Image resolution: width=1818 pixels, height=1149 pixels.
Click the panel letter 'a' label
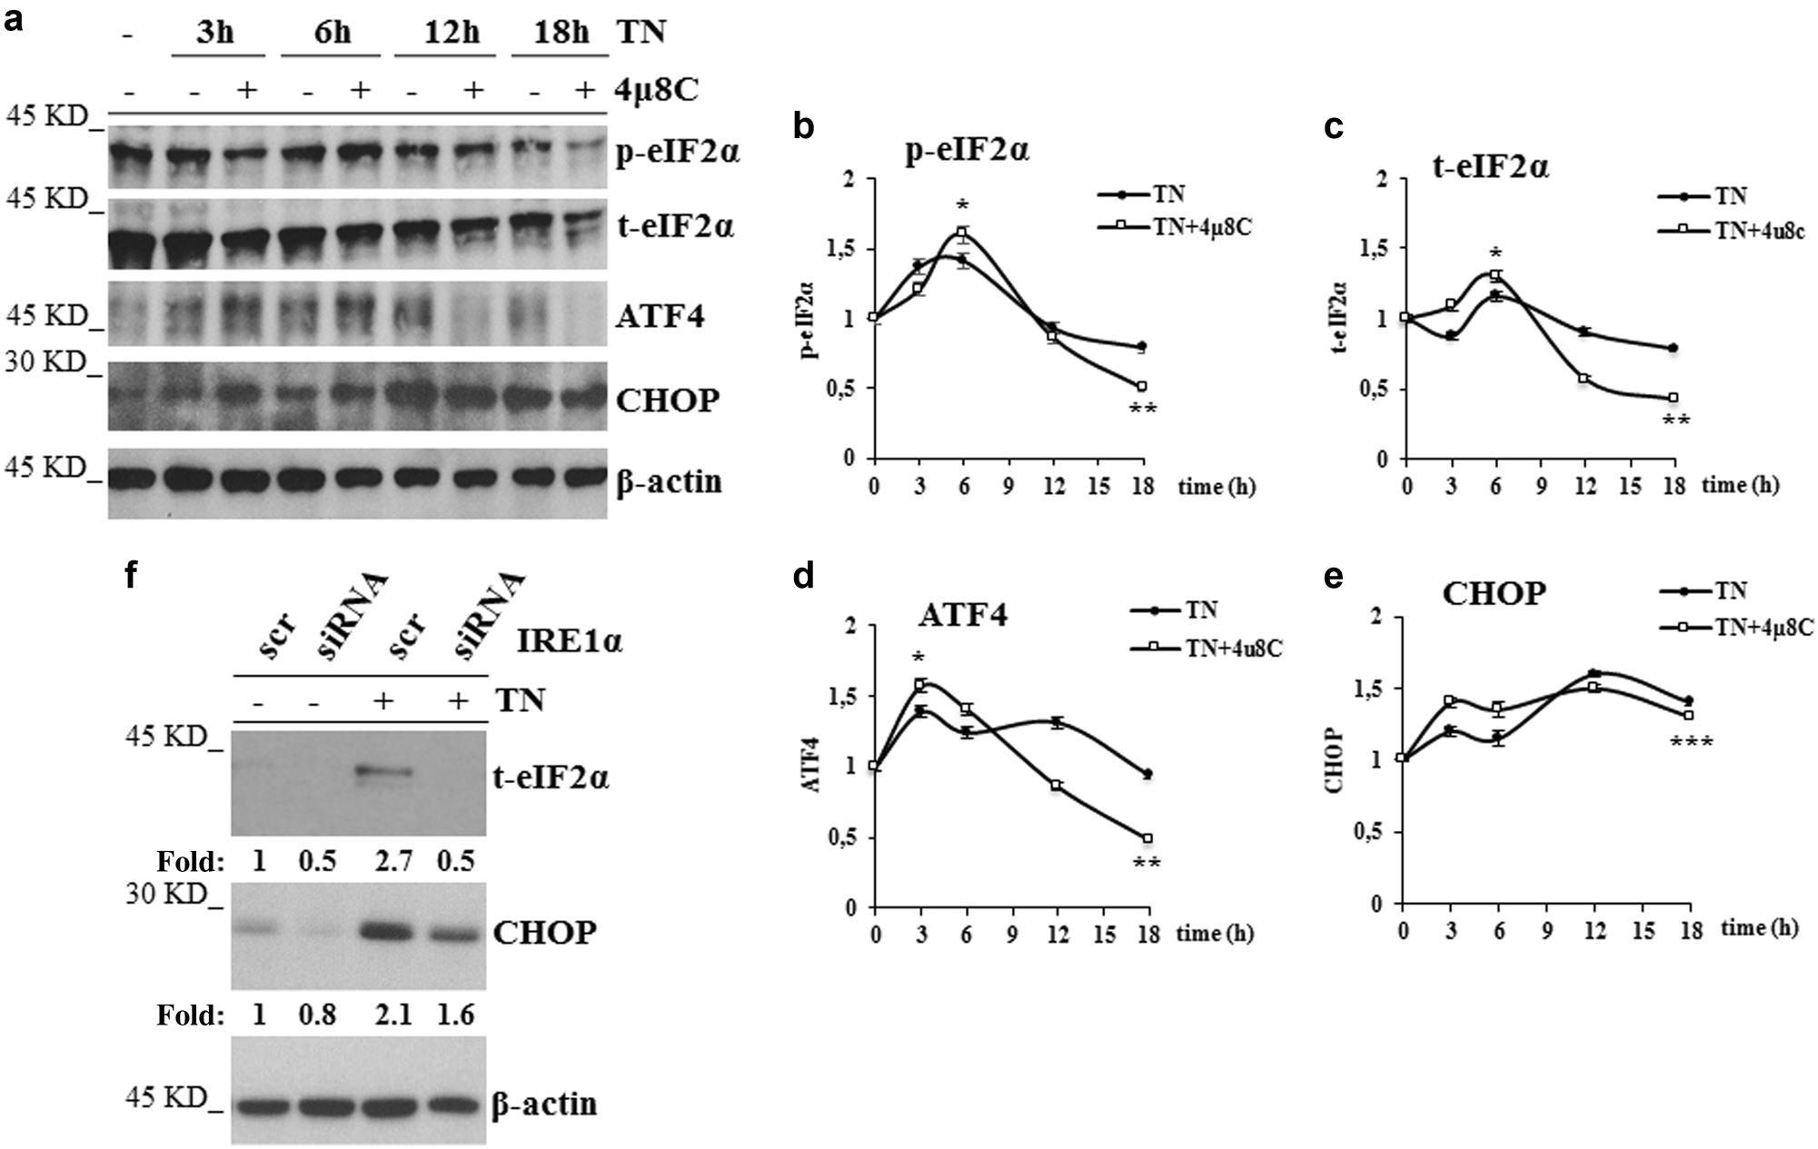pos(14,20)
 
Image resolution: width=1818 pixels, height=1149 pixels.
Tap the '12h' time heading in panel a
pos(451,33)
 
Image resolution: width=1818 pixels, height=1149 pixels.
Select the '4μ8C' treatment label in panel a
pos(658,89)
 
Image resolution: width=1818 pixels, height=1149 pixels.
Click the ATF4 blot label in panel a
pos(660,316)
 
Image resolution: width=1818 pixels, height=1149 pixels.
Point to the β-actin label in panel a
pos(669,480)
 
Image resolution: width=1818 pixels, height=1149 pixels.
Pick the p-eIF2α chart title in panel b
pos(967,149)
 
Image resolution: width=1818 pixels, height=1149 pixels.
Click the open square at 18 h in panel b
pos(1142,387)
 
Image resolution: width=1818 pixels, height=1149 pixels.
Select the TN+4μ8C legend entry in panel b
pos(1201,227)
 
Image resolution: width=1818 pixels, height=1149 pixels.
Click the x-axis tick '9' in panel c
pos(1541,487)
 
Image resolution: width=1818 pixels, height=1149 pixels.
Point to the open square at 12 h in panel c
pos(1584,378)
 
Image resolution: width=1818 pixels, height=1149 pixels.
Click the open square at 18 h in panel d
pos(1147,838)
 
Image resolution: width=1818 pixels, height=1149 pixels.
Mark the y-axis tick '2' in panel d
pos(850,626)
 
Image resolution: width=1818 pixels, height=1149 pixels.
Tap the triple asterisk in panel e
pos(1691,743)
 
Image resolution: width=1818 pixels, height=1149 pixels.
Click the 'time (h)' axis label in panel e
pos(1759,927)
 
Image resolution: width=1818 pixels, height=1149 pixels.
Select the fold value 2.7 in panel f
pos(392,860)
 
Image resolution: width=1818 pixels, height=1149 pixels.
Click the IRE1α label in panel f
pos(570,641)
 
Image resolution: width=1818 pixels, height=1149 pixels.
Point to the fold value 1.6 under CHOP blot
pos(455,1015)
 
